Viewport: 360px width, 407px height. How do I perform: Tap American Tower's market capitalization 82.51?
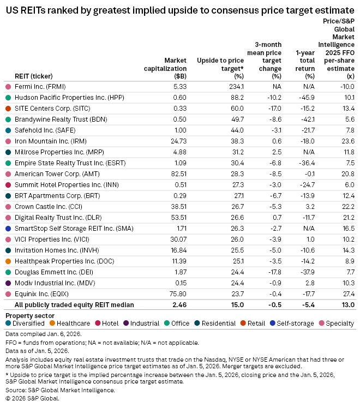pyautogui.click(x=178, y=173)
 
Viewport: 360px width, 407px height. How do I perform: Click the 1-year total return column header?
pyautogui.click(x=304, y=64)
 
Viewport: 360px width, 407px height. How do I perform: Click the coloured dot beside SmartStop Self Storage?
pyautogui.click(x=8, y=228)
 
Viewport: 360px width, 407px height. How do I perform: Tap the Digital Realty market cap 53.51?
pyautogui.click(x=178, y=217)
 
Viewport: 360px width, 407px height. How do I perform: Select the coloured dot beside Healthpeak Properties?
pyautogui.click(x=8, y=261)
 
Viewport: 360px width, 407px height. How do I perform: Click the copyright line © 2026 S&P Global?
pyautogui.click(x=32, y=398)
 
